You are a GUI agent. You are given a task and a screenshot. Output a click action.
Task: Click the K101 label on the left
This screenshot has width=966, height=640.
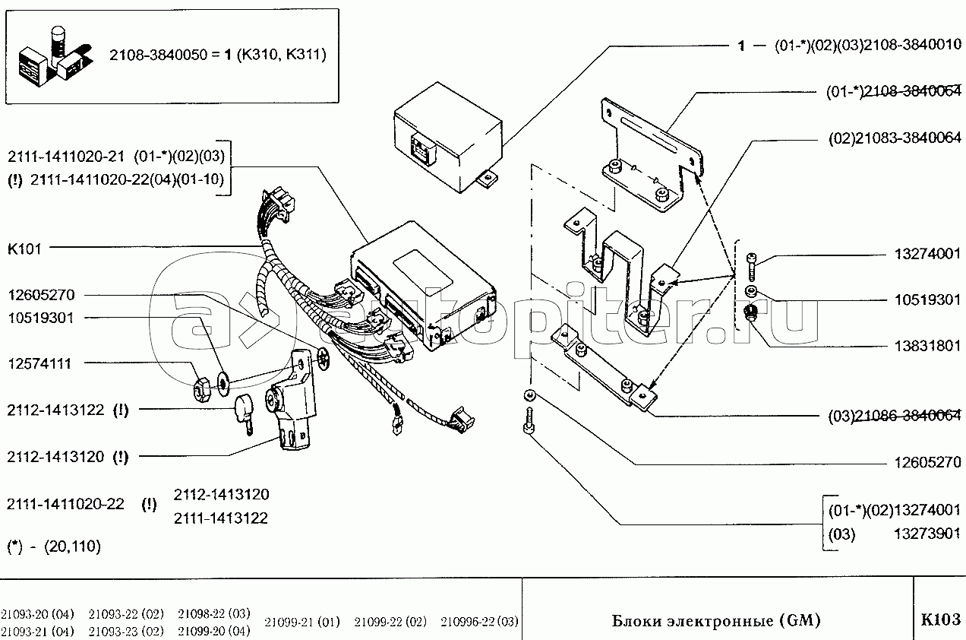[x=25, y=248]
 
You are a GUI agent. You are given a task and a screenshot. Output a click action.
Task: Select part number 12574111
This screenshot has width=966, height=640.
[x=39, y=364]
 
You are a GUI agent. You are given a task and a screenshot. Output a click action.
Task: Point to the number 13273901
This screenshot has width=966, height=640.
[x=925, y=534]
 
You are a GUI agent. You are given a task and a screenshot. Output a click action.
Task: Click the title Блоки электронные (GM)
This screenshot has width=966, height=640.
[x=716, y=620]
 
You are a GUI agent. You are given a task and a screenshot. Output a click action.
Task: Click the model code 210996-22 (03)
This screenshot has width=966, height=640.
[x=479, y=622]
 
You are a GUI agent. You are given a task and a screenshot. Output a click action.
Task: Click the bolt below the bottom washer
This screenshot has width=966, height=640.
[x=529, y=420]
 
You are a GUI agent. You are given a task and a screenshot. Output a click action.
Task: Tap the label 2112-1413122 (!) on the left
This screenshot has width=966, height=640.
[x=68, y=410]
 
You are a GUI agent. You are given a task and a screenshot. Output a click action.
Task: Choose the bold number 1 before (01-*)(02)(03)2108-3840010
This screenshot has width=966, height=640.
[x=740, y=46]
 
